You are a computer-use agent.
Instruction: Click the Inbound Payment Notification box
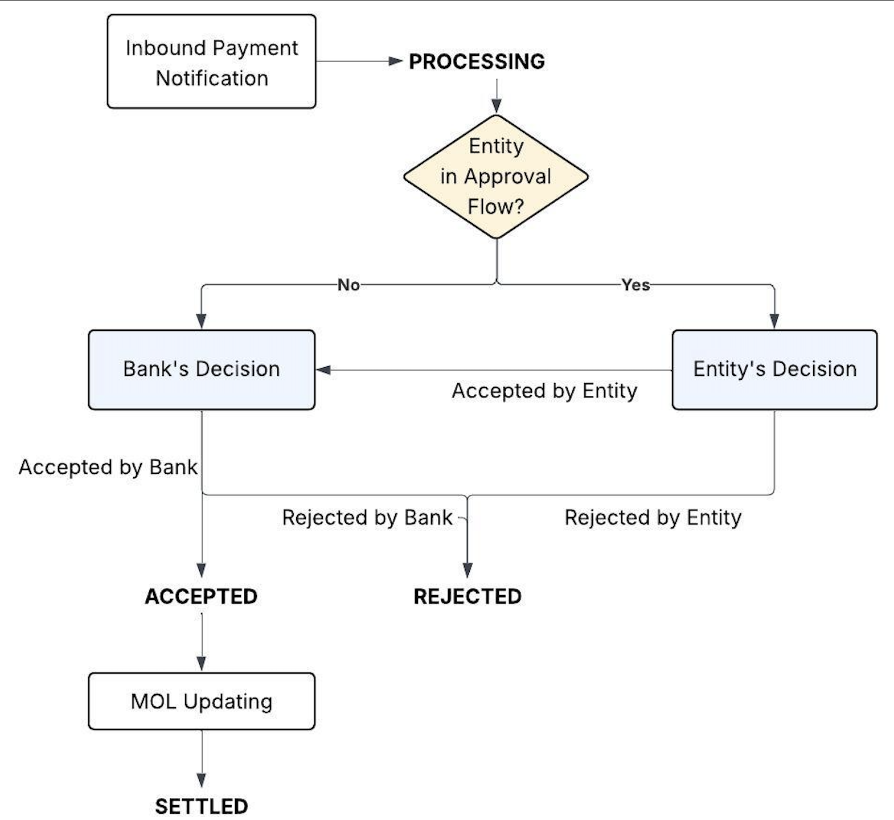pos(211,61)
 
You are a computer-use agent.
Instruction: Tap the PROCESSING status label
pos(477,61)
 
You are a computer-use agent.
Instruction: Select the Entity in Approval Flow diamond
pos(496,177)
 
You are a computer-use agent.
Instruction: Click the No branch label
pos(348,285)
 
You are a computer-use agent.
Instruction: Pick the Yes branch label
pos(635,285)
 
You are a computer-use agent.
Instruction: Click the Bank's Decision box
pos(202,369)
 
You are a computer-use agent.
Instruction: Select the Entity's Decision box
pos(774,369)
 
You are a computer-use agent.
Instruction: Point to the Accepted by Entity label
pos(544,391)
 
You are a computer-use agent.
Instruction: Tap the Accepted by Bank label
pos(108,467)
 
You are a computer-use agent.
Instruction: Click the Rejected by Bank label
pos(367,518)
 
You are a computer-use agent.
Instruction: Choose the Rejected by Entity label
pos(653,518)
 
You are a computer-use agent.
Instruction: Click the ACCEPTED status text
pos(201,596)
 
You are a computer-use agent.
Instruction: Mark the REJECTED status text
pos(467,596)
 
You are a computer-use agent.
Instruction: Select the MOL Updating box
pos(202,701)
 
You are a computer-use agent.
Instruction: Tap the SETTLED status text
pos(202,806)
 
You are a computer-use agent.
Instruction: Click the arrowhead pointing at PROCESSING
pos(396,61)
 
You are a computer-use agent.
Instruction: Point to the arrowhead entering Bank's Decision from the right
pos(323,370)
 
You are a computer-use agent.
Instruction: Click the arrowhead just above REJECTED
pos(467,570)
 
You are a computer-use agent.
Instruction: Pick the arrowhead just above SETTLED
pos(202,780)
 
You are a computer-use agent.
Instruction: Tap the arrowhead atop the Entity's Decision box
pos(774,321)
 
